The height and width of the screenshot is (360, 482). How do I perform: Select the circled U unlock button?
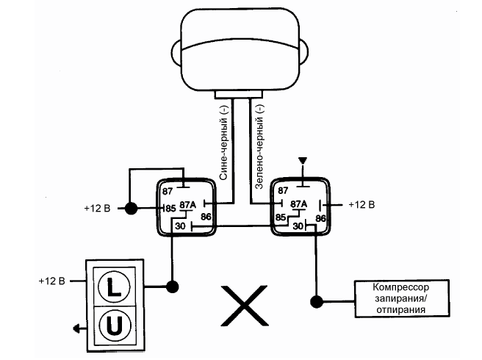click(113, 324)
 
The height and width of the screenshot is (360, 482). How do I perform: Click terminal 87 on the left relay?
click(168, 191)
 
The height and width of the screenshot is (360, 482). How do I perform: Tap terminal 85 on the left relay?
click(170, 209)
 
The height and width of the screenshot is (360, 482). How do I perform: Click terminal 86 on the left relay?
click(206, 217)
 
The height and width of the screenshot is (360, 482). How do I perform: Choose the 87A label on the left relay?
click(188, 205)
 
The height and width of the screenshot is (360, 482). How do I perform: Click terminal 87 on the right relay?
click(282, 190)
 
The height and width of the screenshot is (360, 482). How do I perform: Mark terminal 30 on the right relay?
click(298, 226)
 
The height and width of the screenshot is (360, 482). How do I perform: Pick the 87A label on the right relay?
click(298, 204)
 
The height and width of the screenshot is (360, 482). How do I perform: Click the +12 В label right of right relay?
click(361, 204)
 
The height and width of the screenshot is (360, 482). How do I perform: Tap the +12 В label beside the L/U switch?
click(53, 281)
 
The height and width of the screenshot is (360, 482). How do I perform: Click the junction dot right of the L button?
click(173, 285)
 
